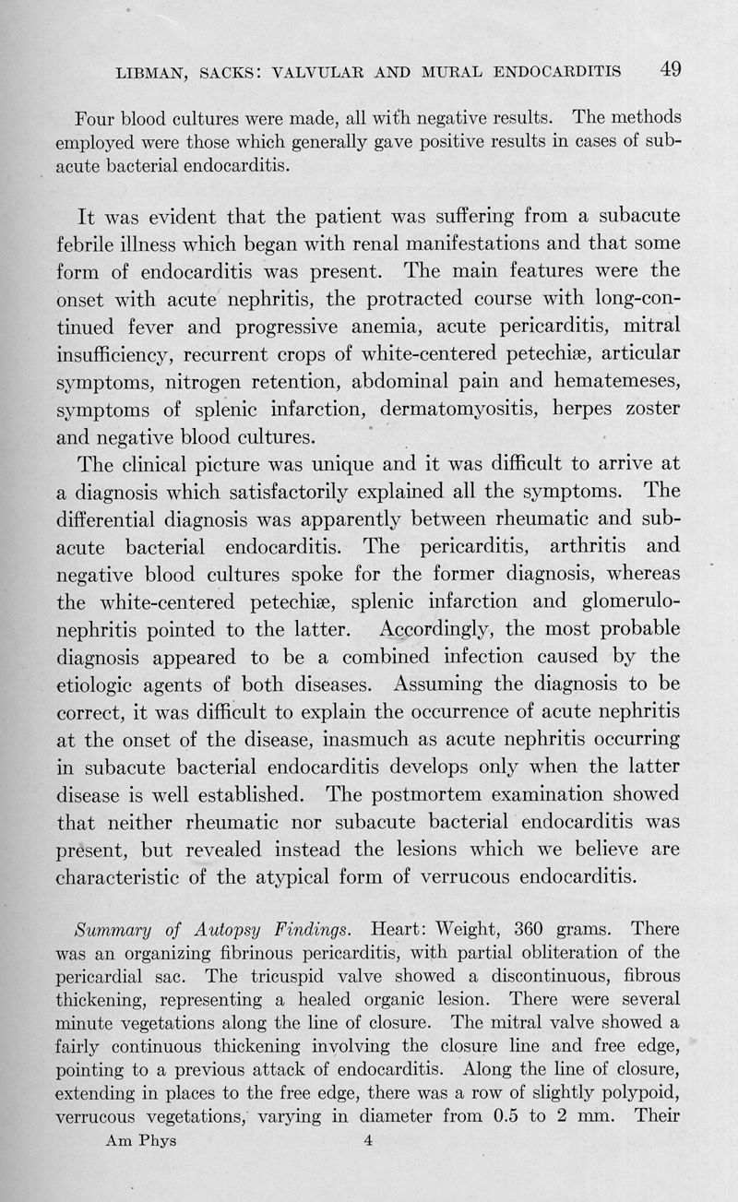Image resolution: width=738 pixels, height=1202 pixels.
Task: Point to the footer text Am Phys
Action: (141, 1140)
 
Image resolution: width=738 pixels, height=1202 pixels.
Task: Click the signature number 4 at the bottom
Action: (367, 1140)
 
